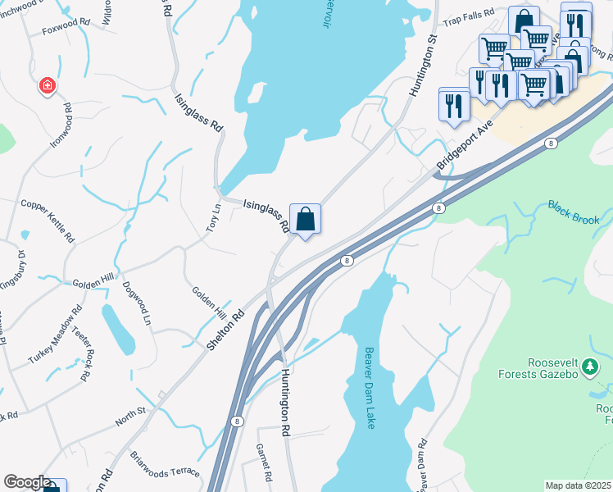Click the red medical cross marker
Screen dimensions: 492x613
48,85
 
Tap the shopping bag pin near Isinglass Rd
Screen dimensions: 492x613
305,219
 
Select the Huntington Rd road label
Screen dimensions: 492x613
285,401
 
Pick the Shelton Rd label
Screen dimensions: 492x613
225,330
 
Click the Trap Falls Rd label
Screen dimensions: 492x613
469,14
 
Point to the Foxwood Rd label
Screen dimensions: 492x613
67,23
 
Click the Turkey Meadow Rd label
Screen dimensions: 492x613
56,335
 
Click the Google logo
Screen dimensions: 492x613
27,482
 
